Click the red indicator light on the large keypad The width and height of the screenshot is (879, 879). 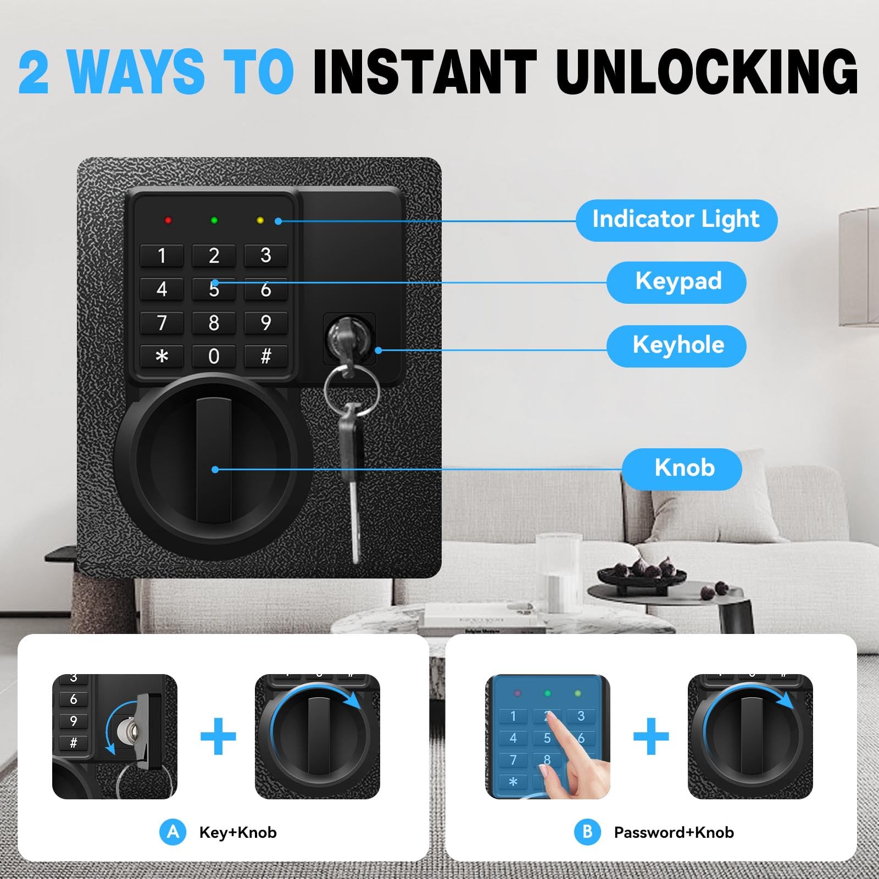pos(168,220)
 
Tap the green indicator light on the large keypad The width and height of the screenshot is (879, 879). pos(214,220)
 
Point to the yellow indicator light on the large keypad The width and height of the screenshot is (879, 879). pos(260,220)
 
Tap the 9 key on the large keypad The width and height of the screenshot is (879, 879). pos(266,322)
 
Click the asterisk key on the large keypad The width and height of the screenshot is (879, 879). pos(162,356)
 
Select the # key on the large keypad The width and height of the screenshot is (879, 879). pos(266,356)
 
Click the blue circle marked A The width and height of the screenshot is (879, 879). pos(173,832)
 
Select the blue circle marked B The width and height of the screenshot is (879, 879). pos(587,832)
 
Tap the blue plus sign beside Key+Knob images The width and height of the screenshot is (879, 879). pos(218,736)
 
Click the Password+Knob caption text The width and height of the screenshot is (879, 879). pos(674,832)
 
